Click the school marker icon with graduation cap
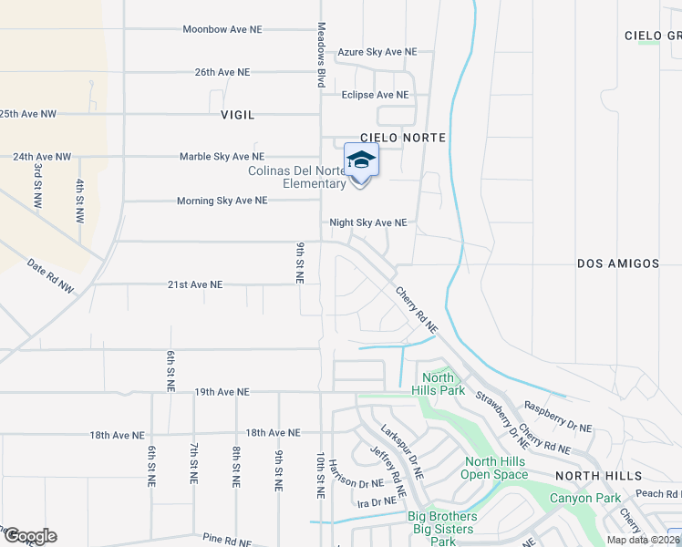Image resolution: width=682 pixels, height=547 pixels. point(361,161)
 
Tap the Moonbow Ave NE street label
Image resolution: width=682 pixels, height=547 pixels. point(222,29)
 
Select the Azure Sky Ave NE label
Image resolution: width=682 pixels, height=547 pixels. point(377,53)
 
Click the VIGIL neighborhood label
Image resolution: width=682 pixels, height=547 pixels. point(237,116)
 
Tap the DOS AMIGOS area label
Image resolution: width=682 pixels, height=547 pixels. point(618,263)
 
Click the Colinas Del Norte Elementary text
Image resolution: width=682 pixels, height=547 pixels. point(297,177)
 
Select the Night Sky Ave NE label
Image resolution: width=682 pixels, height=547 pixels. point(367,222)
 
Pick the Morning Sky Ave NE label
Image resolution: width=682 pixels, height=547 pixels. point(222,201)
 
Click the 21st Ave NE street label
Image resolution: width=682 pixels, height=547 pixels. point(195,284)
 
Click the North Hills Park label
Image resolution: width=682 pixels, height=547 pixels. point(438,384)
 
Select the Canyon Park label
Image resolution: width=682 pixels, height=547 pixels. point(584,498)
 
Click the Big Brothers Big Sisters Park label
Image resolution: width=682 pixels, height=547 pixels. point(442,529)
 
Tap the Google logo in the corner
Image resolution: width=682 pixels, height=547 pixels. point(29,536)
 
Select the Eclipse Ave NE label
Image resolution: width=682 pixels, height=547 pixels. point(374,95)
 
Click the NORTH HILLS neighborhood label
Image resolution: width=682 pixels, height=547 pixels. point(599,476)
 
